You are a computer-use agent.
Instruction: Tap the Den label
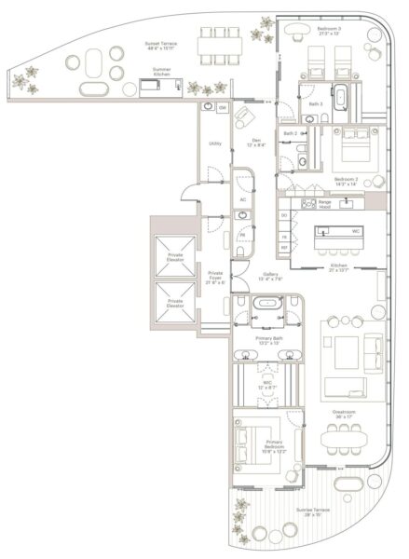pos(253,143)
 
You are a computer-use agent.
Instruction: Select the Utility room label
pos(214,144)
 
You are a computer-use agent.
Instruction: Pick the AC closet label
pos(242,199)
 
